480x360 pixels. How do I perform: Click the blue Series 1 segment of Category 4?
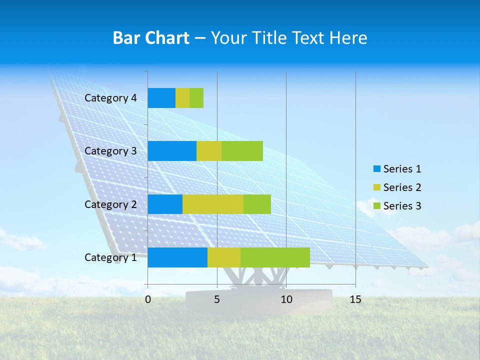(161, 98)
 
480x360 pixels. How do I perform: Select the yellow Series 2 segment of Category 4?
(182, 98)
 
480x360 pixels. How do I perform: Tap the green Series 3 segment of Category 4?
(196, 98)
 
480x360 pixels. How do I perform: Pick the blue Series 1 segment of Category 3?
(172, 151)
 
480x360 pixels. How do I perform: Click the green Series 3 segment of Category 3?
(242, 151)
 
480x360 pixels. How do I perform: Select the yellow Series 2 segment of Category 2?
(213, 204)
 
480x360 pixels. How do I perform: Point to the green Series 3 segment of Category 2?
(257, 204)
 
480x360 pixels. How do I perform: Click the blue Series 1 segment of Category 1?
(177, 257)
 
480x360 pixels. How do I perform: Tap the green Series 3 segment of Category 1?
(275, 257)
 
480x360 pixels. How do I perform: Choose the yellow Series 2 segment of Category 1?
(224, 257)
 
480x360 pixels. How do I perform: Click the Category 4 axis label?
(110, 98)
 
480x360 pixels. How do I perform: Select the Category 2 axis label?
(110, 204)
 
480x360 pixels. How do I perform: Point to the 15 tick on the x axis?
(355, 299)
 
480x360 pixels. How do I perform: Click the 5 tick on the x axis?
(217, 299)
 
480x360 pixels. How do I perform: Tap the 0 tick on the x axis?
(148, 299)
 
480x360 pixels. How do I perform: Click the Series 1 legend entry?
(397, 169)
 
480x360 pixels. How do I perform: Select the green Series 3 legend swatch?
(376, 206)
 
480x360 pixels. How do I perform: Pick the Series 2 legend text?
(402, 187)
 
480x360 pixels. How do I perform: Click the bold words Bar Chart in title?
(151, 38)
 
